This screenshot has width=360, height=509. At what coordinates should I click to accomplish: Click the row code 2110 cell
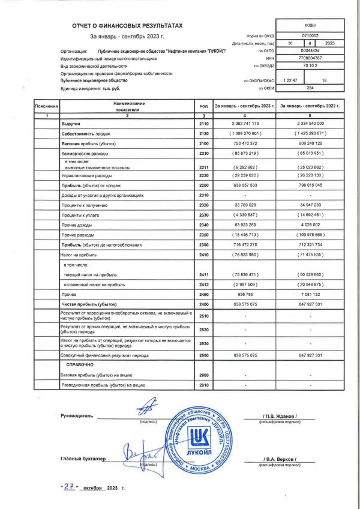203,122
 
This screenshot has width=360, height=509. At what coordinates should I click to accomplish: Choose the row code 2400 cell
203,305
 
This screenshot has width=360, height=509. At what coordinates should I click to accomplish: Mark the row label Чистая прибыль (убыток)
90,305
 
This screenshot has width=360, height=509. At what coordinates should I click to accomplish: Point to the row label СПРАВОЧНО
79,364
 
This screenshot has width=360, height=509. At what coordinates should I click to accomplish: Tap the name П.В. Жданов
280,416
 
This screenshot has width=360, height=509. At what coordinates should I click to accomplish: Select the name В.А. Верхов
280,459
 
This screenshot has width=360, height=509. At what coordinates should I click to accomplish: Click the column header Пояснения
46,106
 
